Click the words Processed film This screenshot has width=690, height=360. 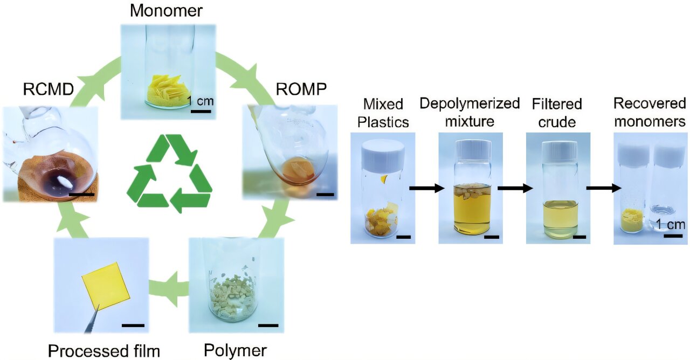[x=104, y=351]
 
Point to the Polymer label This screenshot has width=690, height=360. [x=235, y=350]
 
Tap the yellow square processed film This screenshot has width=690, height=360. [x=106, y=285]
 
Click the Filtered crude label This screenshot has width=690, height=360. [x=557, y=113]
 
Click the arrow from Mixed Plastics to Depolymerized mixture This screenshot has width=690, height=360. [x=426, y=188]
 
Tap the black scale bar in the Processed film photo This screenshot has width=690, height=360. [x=133, y=325]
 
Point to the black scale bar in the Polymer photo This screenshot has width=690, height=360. [x=268, y=325]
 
